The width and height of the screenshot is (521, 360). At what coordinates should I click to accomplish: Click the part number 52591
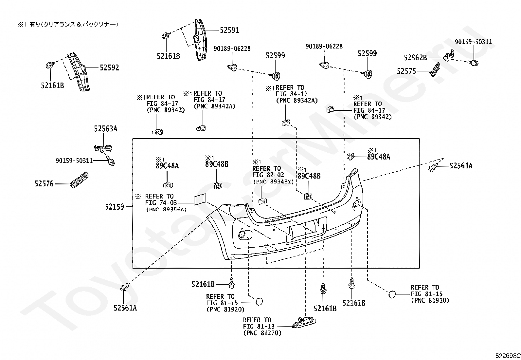coord(229,30)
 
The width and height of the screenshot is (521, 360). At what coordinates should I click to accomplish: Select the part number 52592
coord(109,67)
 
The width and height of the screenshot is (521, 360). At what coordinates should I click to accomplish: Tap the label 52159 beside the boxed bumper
coord(115,207)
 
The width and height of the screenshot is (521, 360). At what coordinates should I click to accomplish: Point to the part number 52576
coord(44,184)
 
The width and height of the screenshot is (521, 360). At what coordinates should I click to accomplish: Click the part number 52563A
coord(106,128)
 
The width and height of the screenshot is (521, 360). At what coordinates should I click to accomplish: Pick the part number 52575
coord(406,71)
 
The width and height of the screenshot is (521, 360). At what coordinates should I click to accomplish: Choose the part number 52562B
coord(415,58)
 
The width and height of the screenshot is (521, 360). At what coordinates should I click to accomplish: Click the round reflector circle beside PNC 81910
coord(392,294)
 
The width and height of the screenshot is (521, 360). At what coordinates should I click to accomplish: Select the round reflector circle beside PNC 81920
coord(259,302)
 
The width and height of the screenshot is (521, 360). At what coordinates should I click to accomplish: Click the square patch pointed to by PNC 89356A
coord(200,199)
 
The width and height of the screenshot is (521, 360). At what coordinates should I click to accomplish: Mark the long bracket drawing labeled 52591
coord(199,40)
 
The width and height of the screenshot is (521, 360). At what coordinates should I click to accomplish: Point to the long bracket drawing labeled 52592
coord(79,71)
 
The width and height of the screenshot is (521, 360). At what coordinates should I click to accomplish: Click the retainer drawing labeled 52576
coord(79,180)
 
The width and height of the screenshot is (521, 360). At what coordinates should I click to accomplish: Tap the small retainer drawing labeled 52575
coord(435,69)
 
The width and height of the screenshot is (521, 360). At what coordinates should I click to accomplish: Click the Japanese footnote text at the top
coord(68,24)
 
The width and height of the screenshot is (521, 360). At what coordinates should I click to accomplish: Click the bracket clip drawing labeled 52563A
coord(103,148)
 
